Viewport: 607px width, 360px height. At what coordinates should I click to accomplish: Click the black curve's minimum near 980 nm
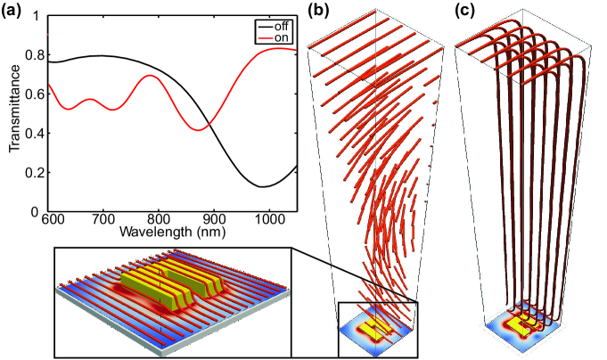tap(259, 186)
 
